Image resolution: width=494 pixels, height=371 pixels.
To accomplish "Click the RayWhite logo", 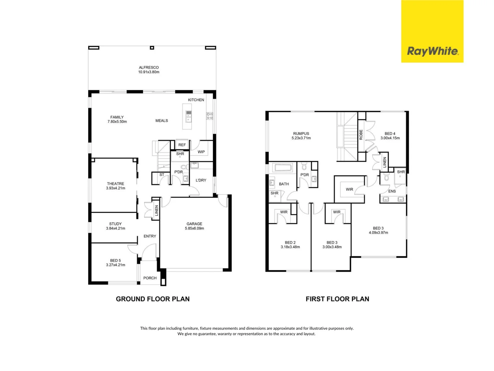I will coord(432,51).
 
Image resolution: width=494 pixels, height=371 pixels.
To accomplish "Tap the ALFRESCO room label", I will coord(149,68).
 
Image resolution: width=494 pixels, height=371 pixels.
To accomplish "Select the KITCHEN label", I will coord(196,100).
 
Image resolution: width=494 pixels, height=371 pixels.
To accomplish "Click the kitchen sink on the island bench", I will coord(189,116).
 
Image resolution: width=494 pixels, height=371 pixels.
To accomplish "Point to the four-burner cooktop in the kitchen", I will coord(210,116).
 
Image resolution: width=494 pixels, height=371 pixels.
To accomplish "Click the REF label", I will coord(182,145).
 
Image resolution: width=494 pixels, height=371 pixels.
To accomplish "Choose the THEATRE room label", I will coord(116,184).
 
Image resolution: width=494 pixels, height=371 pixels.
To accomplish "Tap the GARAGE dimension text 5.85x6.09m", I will coord(195,228).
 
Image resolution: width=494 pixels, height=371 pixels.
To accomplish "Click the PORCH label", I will coord(150,278).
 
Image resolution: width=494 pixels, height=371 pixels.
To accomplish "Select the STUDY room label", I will coord(116,224).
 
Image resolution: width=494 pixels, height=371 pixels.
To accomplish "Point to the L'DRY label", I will coord(201,180).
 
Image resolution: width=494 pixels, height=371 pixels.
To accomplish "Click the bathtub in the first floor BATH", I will coord(282,168).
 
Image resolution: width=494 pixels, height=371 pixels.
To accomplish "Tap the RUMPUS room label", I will coord(301,134).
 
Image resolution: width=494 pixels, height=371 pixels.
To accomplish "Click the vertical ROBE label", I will coord(361,134).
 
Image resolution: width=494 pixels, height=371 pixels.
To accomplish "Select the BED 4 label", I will coord(390,134).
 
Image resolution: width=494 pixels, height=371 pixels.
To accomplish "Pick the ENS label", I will coord(392,191).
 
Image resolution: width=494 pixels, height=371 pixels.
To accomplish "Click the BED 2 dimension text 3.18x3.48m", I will coord(290,247).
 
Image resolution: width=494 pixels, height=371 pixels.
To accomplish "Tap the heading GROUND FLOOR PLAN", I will coord(153,299).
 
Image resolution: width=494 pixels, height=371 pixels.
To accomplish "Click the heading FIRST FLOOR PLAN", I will coord(337,299).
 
